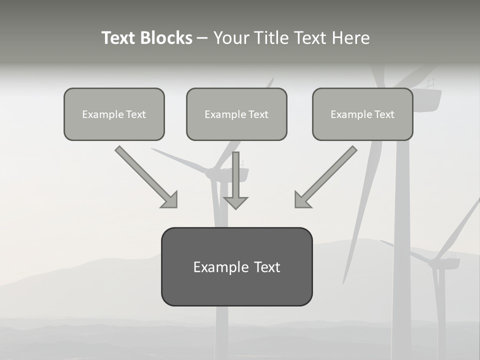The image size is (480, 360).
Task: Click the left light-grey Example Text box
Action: coord(114,114)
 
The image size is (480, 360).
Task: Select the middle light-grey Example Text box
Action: coord(236,114)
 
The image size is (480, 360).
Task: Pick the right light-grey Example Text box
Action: coord(362,114)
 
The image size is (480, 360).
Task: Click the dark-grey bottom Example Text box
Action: coord(236,266)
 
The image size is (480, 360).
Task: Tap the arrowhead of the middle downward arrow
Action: coord(235,202)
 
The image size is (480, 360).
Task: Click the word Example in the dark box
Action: coord(220,267)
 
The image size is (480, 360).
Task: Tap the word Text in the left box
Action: coord(136,114)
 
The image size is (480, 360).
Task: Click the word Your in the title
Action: coord(230,38)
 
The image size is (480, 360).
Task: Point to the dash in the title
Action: coord(202,38)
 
